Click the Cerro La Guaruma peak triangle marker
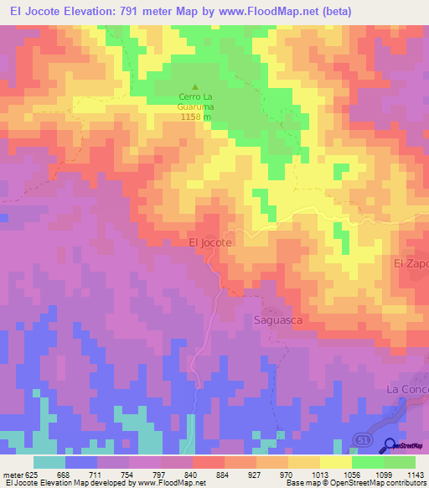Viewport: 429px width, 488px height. tap(196, 86)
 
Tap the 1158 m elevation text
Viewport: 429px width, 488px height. tap(196, 117)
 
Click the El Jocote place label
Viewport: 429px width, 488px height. tap(210, 241)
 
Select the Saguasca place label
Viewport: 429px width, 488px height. tap(277, 319)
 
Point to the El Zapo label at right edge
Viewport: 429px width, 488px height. tap(411, 263)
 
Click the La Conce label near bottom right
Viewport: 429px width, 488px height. tap(407, 390)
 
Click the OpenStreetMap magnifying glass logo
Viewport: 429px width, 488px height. tap(390, 445)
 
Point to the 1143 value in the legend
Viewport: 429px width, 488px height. tap(414, 475)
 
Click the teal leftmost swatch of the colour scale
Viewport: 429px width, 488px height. tap(49, 462)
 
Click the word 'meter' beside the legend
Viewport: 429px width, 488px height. tap(12, 475)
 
